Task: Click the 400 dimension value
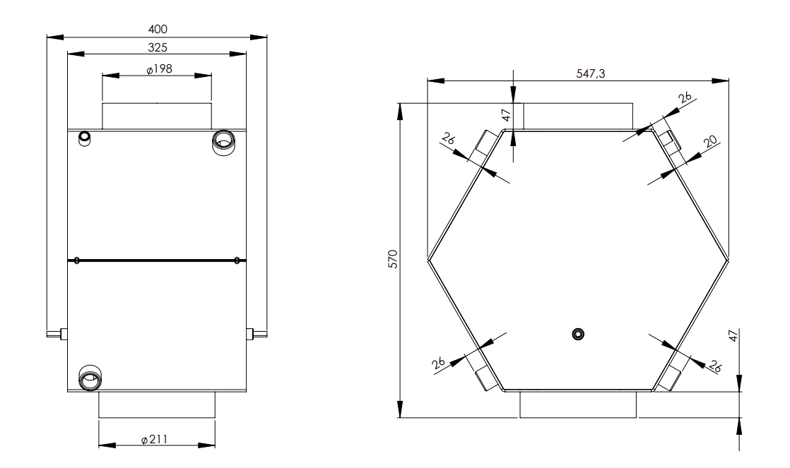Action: coord(158,29)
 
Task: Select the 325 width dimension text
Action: coord(158,47)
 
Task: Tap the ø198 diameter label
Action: coord(159,69)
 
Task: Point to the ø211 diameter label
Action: coord(154,439)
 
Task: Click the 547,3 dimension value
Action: coord(591,73)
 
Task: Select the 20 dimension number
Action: coord(710,141)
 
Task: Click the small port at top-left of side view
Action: coord(85,138)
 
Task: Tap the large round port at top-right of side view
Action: coord(223,142)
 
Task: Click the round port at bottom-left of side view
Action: coord(90,378)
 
